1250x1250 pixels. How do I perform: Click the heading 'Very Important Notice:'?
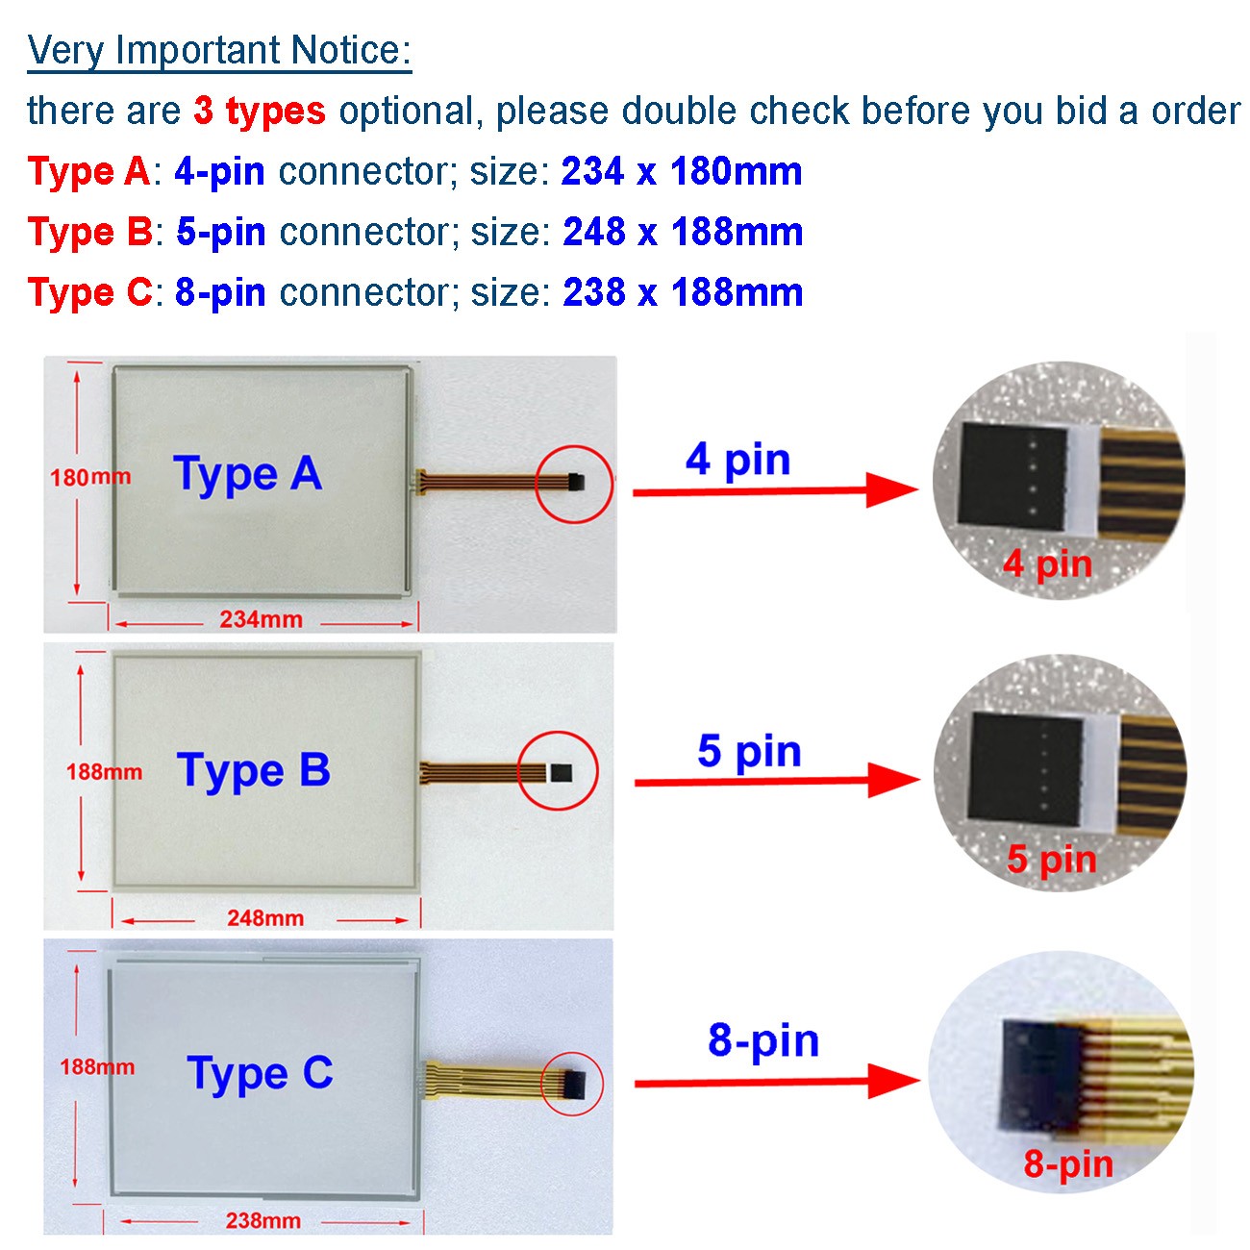[219, 51]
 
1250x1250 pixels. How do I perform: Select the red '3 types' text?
[260, 111]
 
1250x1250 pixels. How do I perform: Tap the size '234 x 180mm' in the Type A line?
[682, 171]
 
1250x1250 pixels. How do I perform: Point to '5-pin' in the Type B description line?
[220, 233]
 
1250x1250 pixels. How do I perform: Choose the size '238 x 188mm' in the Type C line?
[683, 292]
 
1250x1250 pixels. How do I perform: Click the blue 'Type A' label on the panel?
[248, 473]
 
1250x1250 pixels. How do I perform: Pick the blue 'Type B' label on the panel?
[254, 770]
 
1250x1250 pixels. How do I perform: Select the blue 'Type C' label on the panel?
[261, 1074]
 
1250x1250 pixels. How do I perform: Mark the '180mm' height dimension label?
[90, 478]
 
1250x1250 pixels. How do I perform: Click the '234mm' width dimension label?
[261, 619]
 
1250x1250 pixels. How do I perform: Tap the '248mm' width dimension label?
[265, 918]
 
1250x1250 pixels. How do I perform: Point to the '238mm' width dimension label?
[263, 1221]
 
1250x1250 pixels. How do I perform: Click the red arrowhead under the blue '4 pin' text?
[892, 490]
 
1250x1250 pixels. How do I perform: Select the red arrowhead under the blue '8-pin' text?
[894, 1082]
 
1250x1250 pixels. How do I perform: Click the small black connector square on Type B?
[562, 772]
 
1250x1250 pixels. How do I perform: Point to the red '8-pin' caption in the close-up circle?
[1068, 1164]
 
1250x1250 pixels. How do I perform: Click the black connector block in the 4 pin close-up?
[1012, 475]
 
